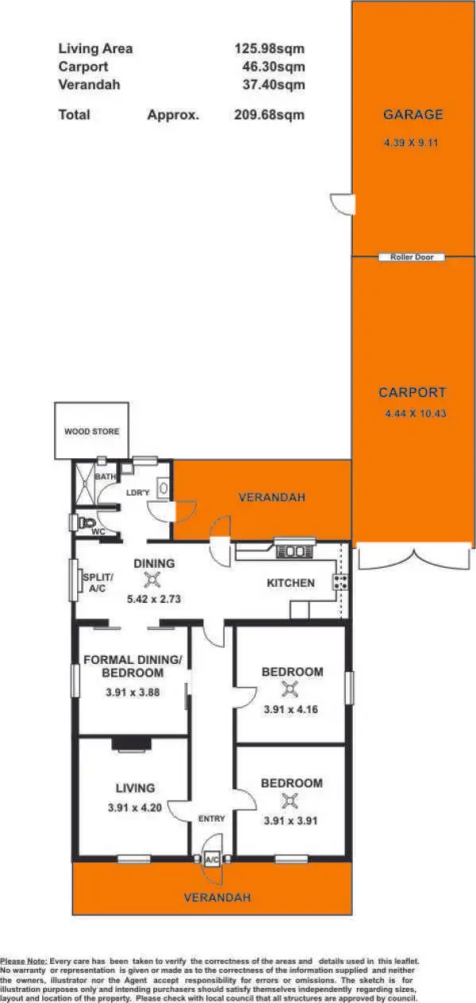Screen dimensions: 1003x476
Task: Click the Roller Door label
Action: (x=412, y=257)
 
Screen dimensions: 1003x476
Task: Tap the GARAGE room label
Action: (x=412, y=114)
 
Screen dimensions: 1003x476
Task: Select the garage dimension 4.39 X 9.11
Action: (x=412, y=144)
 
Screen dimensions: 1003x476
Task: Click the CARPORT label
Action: (x=412, y=392)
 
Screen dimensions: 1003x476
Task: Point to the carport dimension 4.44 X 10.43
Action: (x=415, y=414)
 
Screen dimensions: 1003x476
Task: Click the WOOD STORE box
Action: (x=91, y=431)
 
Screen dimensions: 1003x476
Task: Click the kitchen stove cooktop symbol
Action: (x=340, y=582)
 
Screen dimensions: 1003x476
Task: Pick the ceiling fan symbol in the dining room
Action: (x=157, y=581)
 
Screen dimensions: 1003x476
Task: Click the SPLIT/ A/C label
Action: (x=98, y=583)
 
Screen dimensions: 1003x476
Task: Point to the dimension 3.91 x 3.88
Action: (x=133, y=692)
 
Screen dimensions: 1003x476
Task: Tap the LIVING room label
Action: (x=134, y=788)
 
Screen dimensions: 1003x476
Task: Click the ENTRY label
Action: (x=211, y=818)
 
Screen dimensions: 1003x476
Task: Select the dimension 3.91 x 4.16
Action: (x=291, y=709)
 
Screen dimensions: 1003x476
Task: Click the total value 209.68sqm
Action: (x=269, y=114)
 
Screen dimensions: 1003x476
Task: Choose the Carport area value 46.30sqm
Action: (x=273, y=67)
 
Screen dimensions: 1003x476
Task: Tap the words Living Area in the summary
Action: (x=95, y=48)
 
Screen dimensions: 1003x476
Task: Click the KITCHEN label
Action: (x=290, y=583)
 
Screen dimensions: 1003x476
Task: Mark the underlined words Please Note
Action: (x=24, y=961)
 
